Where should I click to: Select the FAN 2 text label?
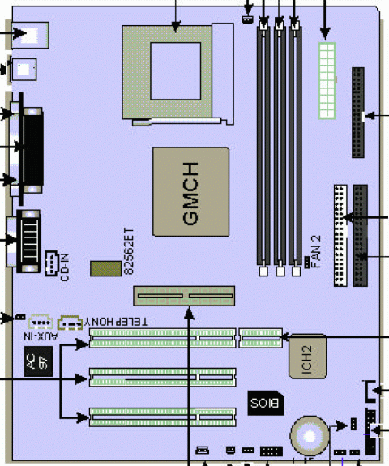tap(317, 250)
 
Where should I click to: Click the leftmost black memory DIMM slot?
tap(263, 146)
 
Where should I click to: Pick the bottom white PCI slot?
tap(162, 417)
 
